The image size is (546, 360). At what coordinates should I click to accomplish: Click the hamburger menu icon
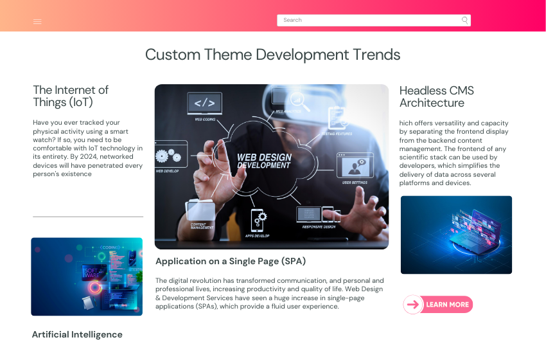coord(37,21)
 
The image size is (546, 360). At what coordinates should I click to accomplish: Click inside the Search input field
coord(366,20)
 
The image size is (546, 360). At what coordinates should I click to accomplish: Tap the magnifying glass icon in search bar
coord(464,20)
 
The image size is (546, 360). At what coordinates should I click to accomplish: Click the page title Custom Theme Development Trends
coord(272,55)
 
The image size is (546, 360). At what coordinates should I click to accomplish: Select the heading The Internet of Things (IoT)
coord(71,96)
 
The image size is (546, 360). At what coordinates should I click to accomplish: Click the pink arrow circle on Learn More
coord(413,305)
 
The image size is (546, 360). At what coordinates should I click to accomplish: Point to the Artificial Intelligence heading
coord(77,334)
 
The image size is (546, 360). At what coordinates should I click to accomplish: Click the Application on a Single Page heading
coord(231,261)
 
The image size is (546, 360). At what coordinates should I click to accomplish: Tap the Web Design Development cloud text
coord(264,161)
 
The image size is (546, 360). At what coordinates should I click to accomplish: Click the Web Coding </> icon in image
coord(205,103)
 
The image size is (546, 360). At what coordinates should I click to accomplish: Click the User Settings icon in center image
coord(355,166)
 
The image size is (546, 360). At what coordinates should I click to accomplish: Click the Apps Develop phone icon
coord(258,219)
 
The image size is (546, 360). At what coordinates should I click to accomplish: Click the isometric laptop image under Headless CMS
coord(456,235)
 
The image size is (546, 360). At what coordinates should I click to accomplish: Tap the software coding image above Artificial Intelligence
coord(87,276)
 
